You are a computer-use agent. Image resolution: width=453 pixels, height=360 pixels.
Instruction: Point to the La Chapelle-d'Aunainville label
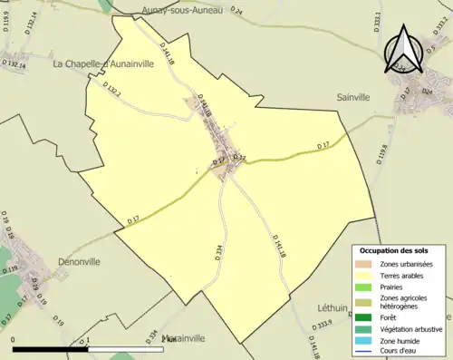100,64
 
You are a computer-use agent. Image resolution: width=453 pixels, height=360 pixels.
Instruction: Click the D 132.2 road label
112,91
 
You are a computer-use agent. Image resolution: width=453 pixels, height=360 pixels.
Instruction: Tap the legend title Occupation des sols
394,250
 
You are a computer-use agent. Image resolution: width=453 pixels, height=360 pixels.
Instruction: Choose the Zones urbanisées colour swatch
366,263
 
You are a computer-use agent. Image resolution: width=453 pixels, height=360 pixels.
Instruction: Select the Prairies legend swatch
366,287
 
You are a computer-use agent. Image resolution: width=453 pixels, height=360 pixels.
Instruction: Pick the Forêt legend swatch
366,316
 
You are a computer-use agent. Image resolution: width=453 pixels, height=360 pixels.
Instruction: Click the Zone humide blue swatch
366,339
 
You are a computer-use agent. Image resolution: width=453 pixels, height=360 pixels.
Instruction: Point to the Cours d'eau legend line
366,351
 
